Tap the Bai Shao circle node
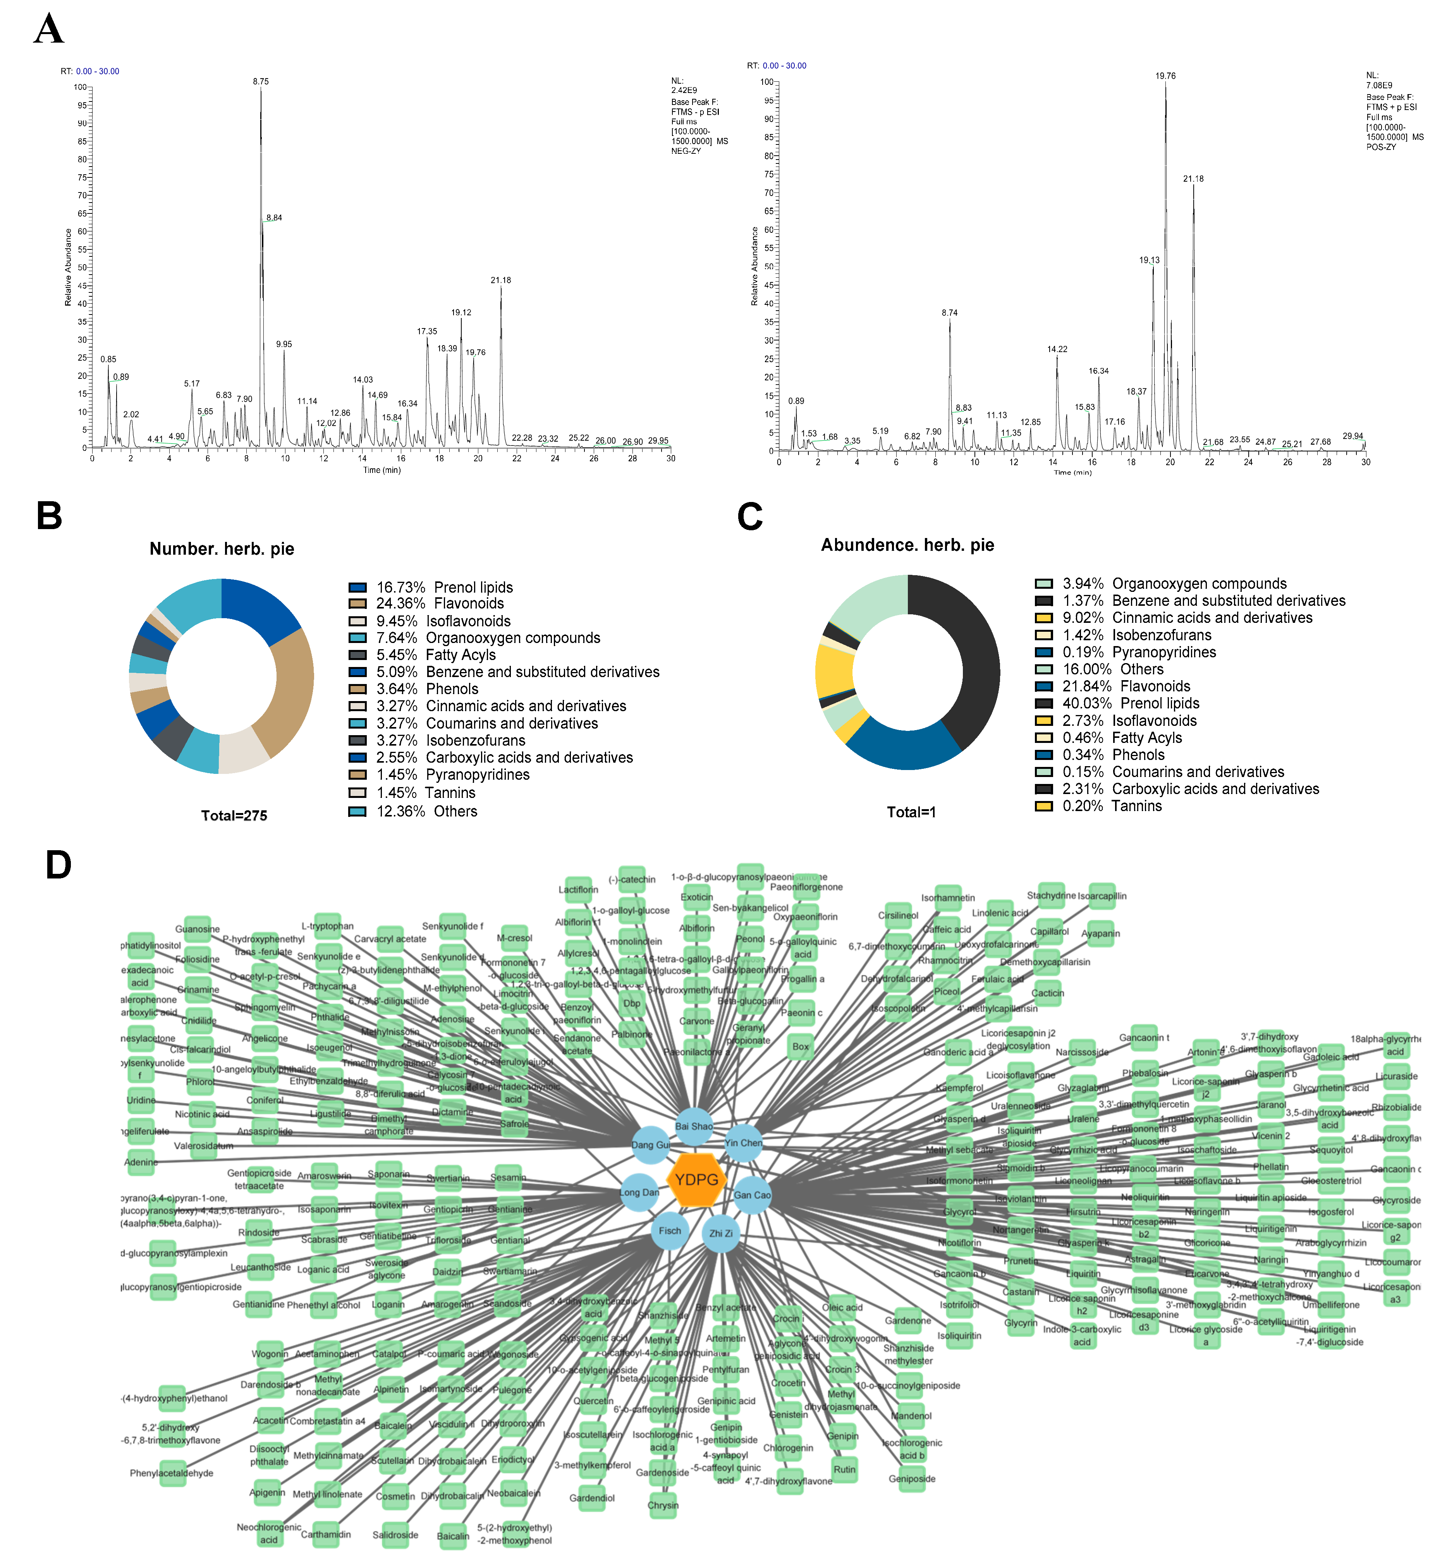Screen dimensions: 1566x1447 tap(694, 1126)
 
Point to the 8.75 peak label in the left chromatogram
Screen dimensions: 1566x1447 tap(261, 81)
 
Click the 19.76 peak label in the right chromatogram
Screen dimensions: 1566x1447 tap(1165, 76)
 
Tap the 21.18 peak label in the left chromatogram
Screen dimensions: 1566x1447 tap(501, 280)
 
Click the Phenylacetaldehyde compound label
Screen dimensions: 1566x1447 tap(172, 1473)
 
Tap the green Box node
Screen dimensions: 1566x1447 tap(800, 1046)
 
